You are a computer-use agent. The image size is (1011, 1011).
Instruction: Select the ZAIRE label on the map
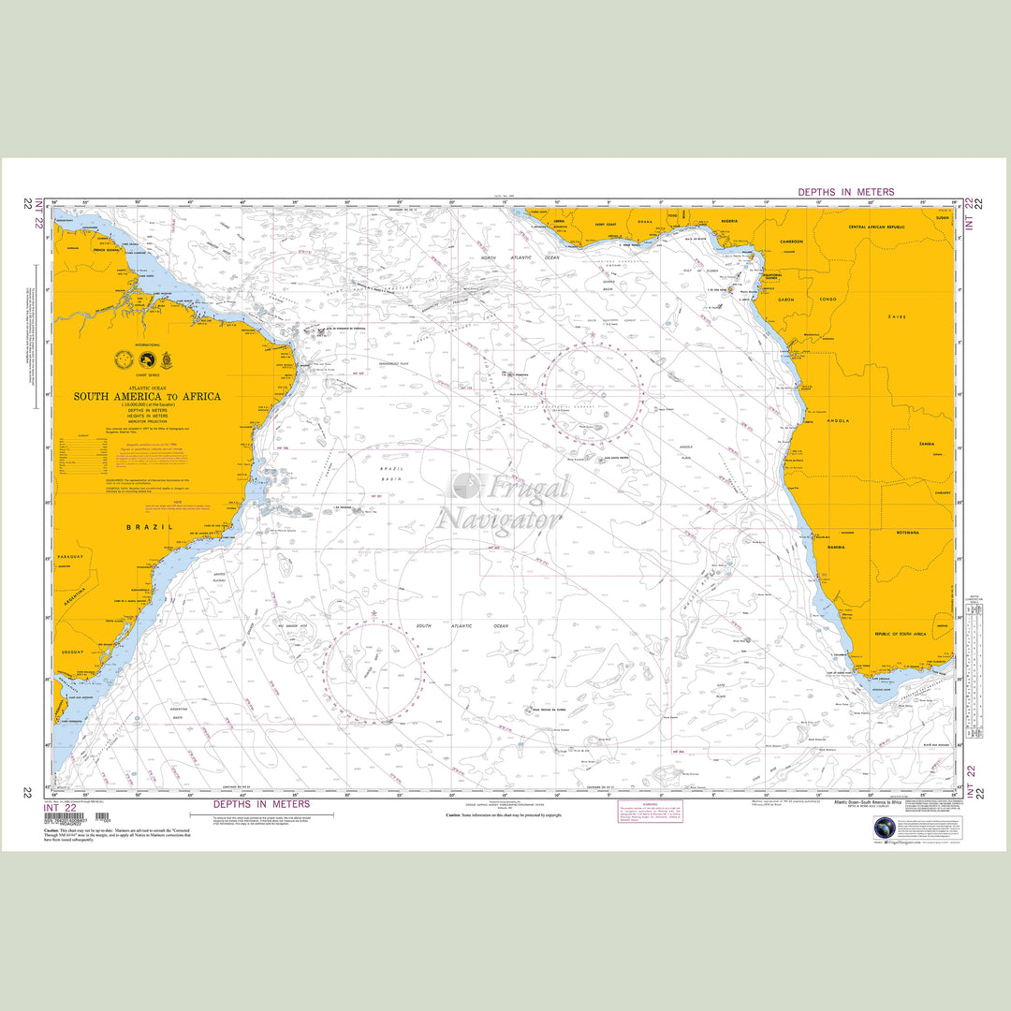(896, 317)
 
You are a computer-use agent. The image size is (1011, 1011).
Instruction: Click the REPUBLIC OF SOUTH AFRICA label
(913, 635)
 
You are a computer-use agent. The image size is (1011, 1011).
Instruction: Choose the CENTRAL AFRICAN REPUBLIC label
(879, 227)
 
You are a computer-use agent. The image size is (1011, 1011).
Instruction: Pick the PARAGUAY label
(71, 555)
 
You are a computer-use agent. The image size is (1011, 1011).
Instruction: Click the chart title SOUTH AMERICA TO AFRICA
(147, 396)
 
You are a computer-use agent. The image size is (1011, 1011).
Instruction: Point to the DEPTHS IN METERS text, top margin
(845, 192)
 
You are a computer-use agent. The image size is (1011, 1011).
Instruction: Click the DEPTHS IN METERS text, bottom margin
(261, 804)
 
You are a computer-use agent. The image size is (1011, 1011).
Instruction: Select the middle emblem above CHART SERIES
(145, 359)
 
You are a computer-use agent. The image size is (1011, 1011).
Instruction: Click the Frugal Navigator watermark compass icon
(465, 486)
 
